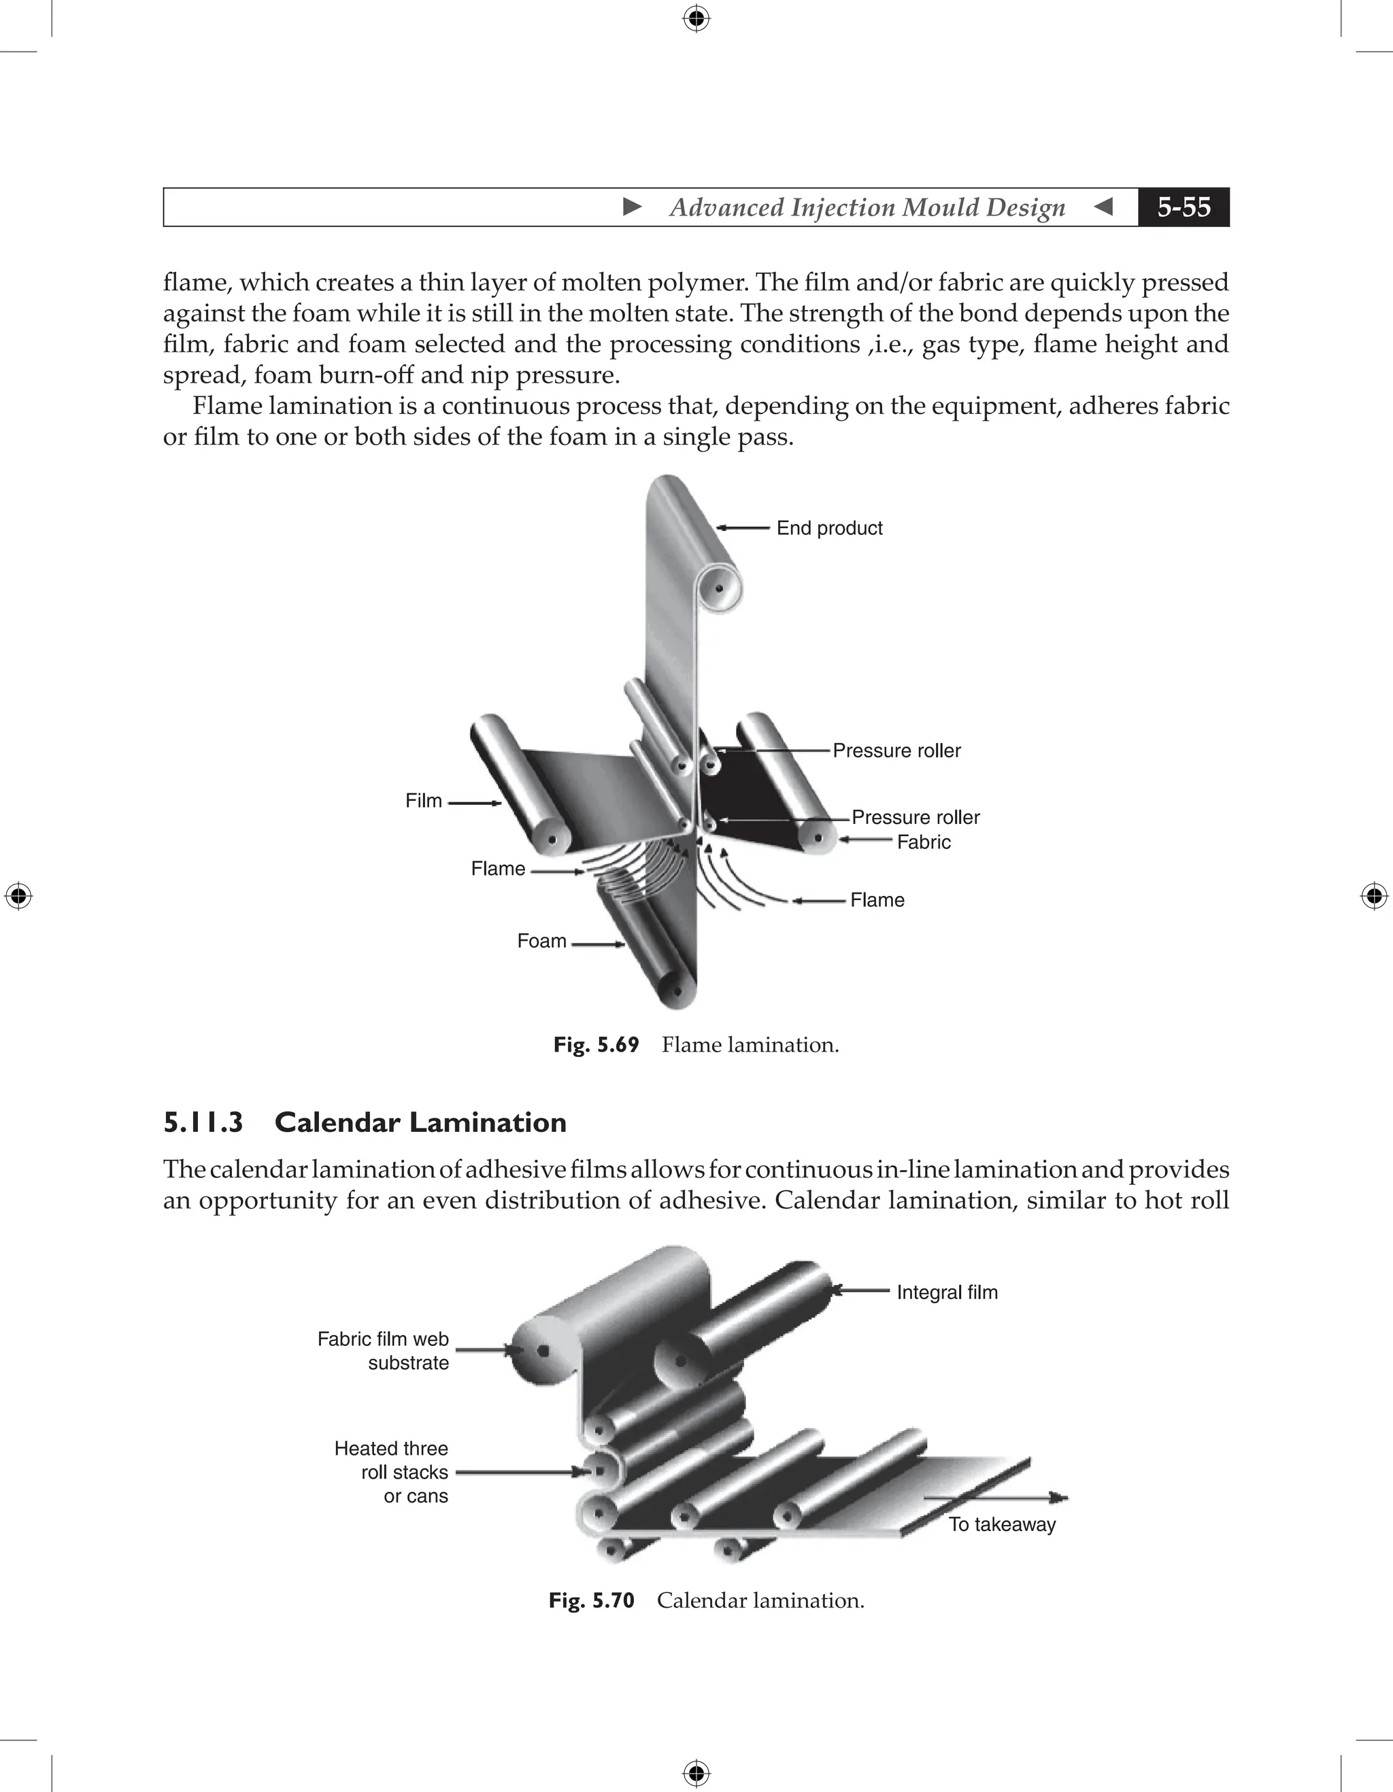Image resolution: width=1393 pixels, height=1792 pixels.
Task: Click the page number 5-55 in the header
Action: click(x=1183, y=207)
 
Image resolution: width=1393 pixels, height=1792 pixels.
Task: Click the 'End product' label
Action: click(x=829, y=528)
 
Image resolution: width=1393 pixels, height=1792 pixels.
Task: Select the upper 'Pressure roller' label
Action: click(x=896, y=751)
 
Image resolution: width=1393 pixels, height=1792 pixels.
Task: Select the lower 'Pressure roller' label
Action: click(x=916, y=817)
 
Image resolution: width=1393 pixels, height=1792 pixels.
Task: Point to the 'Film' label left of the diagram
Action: click(x=424, y=801)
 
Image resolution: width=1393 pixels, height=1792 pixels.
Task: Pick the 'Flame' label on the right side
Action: click(x=877, y=900)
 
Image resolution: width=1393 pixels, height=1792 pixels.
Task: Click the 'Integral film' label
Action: click(x=946, y=1292)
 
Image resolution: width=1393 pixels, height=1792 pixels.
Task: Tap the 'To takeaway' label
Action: click(x=1001, y=1525)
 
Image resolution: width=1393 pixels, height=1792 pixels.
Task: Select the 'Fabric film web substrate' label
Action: click(x=384, y=1351)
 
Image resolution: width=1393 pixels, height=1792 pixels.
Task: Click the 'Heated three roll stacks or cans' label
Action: click(x=392, y=1472)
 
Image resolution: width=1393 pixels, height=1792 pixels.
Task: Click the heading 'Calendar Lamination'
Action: click(x=420, y=1122)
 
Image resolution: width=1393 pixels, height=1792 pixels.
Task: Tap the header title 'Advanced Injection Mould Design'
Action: click(x=867, y=207)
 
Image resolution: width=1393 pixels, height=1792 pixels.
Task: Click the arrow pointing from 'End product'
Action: click(x=743, y=528)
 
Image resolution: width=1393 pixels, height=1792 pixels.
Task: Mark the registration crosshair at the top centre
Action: click(x=696, y=18)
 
